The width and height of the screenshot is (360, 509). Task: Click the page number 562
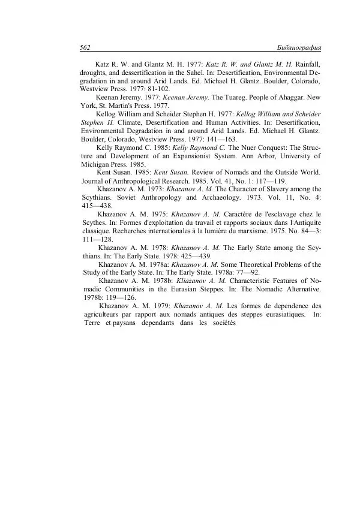[x=85, y=48]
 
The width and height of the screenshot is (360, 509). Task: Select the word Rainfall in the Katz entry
[x=305, y=64]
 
